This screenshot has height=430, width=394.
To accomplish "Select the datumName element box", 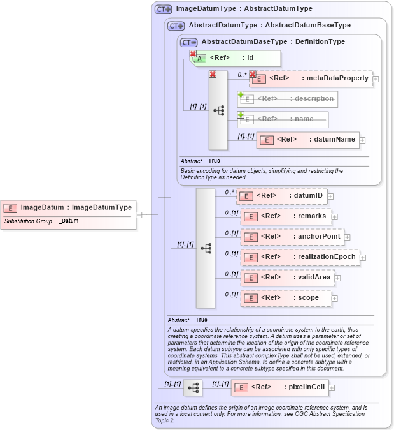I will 307,140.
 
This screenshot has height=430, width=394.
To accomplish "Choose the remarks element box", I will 286,216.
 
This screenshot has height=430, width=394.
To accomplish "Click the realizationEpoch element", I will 299,257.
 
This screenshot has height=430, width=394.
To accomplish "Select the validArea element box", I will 287,278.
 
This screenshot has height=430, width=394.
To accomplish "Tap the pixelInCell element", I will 279,387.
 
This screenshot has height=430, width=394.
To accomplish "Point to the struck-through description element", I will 288,99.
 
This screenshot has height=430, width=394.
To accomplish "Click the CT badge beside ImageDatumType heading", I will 164,10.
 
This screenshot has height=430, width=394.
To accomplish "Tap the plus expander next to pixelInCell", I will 332,387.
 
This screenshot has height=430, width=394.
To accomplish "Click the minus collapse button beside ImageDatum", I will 138,215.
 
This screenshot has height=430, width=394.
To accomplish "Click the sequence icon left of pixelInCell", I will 193,387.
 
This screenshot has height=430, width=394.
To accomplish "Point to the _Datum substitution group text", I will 69,221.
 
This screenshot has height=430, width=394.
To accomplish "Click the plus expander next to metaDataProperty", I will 376,79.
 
